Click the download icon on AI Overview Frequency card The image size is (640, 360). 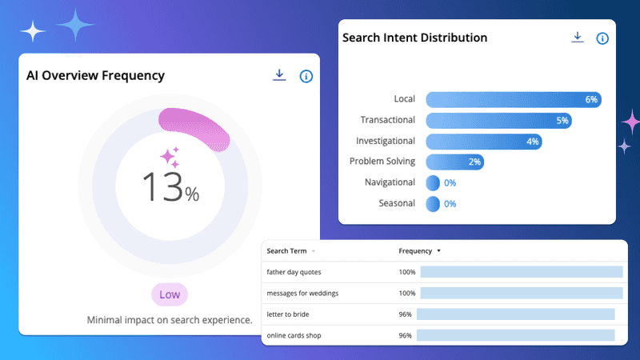tap(279, 75)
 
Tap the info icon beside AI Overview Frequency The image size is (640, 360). tap(306, 76)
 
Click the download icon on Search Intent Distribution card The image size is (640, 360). tap(577, 38)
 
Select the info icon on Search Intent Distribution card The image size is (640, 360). tap(602, 38)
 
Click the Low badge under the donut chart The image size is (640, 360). tap(169, 294)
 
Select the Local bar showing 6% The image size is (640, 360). tap(513, 99)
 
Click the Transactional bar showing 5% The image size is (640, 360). tap(498, 120)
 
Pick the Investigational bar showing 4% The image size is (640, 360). tap(483, 141)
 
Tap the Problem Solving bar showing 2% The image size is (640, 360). tap(454, 162)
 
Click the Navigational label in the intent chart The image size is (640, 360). tap(390, 182)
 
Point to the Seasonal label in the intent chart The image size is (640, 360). tap(397, 203)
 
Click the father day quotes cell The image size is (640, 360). tap(294, 272)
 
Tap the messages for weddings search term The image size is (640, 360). tap(302, 293)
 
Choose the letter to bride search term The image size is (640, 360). tap(287, 314)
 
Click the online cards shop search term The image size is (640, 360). tap(294, 335)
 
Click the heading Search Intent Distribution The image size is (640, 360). tap(414, 38)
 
